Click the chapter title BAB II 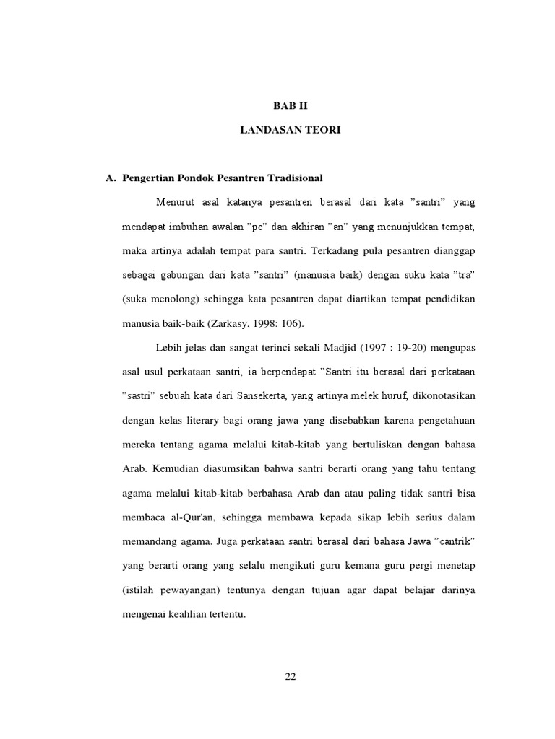point(290,105)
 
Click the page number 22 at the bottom point(290,676)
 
